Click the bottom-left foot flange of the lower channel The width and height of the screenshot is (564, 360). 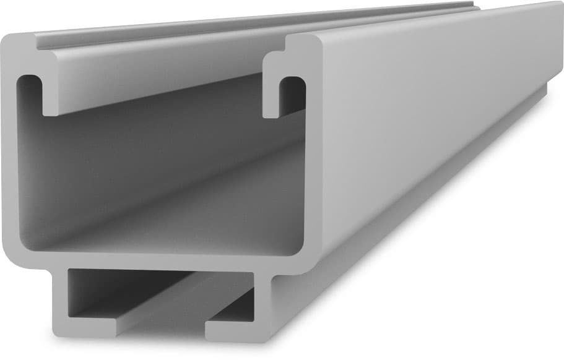[x=87, y=328]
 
